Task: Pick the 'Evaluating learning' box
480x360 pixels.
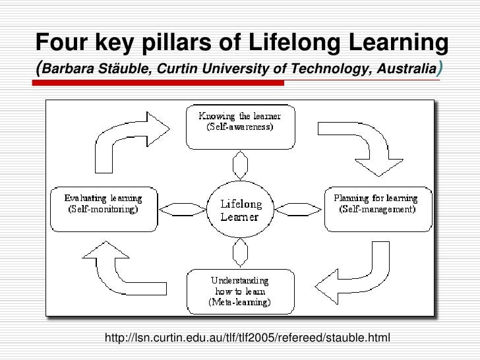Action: coord(103,204)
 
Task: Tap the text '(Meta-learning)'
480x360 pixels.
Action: coord(238,303)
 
